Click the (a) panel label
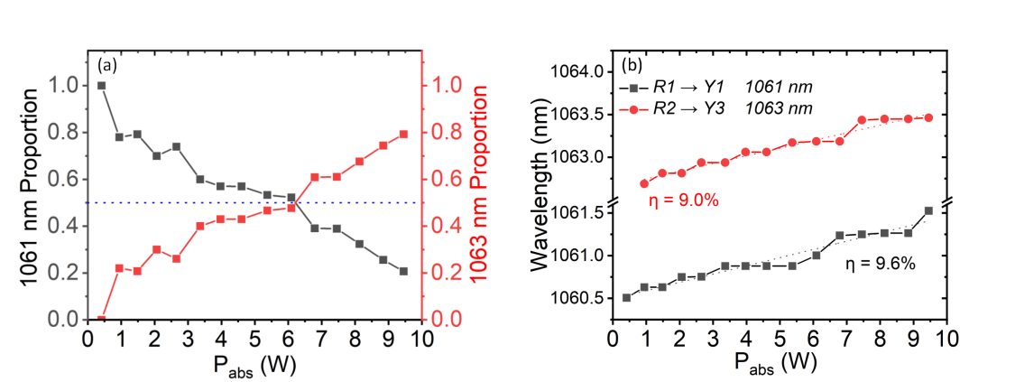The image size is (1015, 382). click(106, 66)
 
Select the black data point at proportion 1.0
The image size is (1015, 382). click(101, 86)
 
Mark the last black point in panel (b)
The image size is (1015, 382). click(928, 210)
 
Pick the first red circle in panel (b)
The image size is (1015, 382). click(644, 183)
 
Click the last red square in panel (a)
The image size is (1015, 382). click(402, 135)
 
